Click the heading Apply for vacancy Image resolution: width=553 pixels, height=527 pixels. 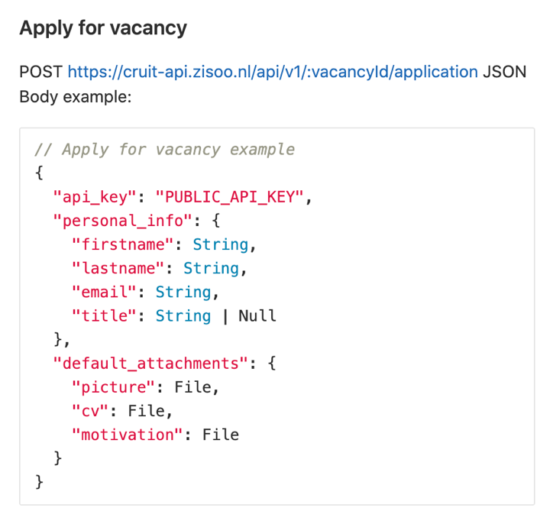click(x=103, y=28)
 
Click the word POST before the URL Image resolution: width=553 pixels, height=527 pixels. click(x=41, y=72)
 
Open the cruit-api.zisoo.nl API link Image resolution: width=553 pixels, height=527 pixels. click(x=273, y=72)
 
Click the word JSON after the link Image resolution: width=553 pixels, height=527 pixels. click(x=505, y=72)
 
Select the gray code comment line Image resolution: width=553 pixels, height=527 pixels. click(x=165, y=149)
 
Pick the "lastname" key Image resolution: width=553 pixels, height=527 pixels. click(x=118, y=268)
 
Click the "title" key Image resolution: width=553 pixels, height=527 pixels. click(x=103, y=315)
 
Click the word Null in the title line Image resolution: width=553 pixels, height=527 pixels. click(x=257, y=315)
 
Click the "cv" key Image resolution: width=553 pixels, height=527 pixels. click(x=89, y=411)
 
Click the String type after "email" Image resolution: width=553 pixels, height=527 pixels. click(x=183, y=292)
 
